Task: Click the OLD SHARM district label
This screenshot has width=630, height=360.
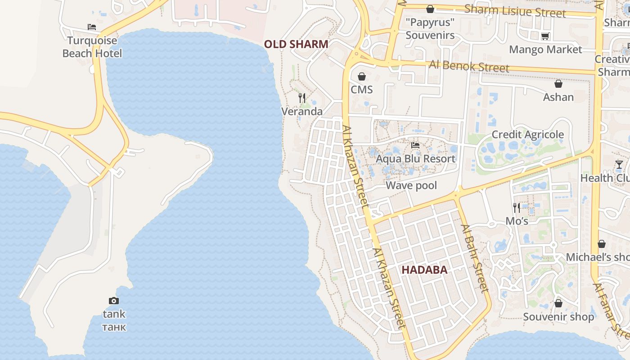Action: pyautogui.click(x=296, y=44)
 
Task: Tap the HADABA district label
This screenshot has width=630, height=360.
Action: pyautogui.click(x=424, y=270)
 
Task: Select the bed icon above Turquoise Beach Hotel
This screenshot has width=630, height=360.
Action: pyautogui.click(x=92, y=27)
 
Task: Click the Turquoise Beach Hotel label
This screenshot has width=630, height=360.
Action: pyautogui.click(x=92, y=47)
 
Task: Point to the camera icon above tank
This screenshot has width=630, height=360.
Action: pyautogui.click(x=114, y=301)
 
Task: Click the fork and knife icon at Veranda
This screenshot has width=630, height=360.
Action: pyautogui.click(x=302, y=98)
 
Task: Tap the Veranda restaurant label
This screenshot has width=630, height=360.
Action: pyautogui.click(x=302, y=111)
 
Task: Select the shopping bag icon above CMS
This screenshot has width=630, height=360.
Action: pyautogui.click(x=362, y=76)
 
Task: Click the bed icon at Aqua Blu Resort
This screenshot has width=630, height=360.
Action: pyautogui.click(x=415, y=145)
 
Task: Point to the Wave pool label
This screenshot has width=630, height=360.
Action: pyautogui.click(x=411, y=185)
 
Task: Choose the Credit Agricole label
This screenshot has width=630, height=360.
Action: pyautogui.click(x=527, y=135)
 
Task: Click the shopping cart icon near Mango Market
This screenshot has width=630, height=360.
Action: pyautogui.click(x=545, y=36)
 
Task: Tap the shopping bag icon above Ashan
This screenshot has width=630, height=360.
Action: pyautogui.click(x=558, y=84)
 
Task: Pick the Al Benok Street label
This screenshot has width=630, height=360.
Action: pyautogui.click(x=469, y=66)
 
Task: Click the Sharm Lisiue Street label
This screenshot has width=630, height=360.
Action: pyautogui.click(x=515, y=11)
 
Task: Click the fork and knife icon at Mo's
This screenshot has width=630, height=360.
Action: pyautogui.click(x=517, y=207)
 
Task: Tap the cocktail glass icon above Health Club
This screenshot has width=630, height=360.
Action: pyautogui.click(x=619, y=165)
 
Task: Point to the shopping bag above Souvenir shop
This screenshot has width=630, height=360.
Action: pyautogui.click(x=558, y=303)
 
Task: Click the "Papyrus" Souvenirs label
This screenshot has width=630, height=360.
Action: pyautogui.click(x=430, y=28)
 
